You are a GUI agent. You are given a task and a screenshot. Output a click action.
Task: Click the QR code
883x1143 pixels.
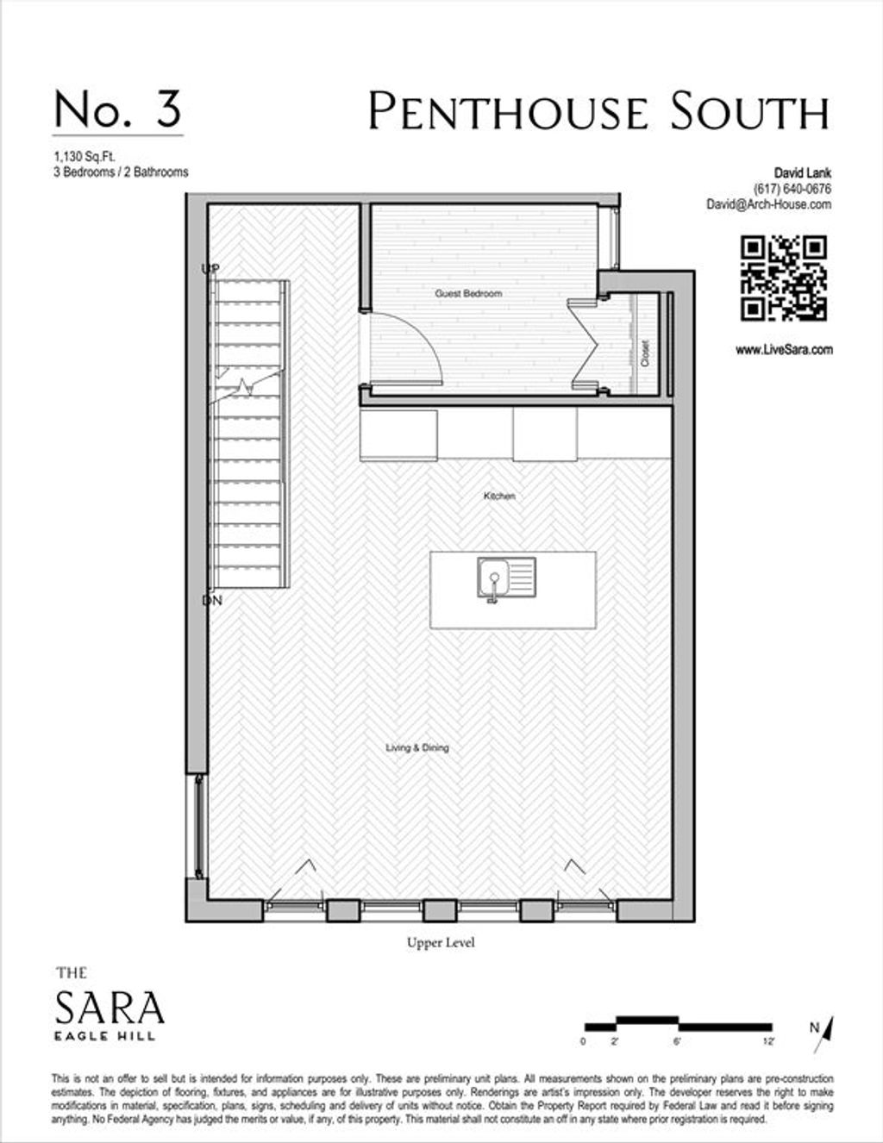[x=784, y=278]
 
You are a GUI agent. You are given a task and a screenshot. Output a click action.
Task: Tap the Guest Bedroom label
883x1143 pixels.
[x=468, y=294]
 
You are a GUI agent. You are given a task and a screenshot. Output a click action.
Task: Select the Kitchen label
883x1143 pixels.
[x=499, y=496]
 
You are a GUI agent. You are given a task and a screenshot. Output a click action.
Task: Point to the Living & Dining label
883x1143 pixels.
[x=417, y=747]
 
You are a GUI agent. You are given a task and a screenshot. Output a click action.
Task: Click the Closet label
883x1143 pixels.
[x=645, y=353]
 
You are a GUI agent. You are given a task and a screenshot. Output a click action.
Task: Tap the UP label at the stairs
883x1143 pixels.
[x=210, y=269]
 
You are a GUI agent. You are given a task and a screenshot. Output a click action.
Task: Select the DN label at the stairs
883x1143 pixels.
[x=212, y=600]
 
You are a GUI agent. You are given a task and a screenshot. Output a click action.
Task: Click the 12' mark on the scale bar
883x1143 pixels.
[x=768, y=1042]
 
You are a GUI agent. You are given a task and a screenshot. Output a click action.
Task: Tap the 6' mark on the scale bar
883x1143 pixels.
[x=677, y=1042]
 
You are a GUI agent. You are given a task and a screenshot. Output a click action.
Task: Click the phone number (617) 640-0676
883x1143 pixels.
[x=792, y=189]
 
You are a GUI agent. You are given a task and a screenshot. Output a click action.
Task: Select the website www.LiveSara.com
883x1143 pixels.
[x=784, y=350]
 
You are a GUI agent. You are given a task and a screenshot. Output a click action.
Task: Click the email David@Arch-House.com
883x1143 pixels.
[x=769, y=204]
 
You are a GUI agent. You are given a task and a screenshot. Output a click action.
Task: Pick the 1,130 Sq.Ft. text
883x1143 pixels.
[x=85, y=156]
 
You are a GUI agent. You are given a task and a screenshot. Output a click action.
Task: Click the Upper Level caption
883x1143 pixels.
[x=441, y=942]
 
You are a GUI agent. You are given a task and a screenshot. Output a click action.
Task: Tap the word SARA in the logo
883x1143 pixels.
[x=110, y=1006]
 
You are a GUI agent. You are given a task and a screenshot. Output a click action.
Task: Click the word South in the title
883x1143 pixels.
[x=750, y=111]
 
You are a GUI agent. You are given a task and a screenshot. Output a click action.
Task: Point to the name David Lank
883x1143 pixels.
[x=803, y=173]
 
